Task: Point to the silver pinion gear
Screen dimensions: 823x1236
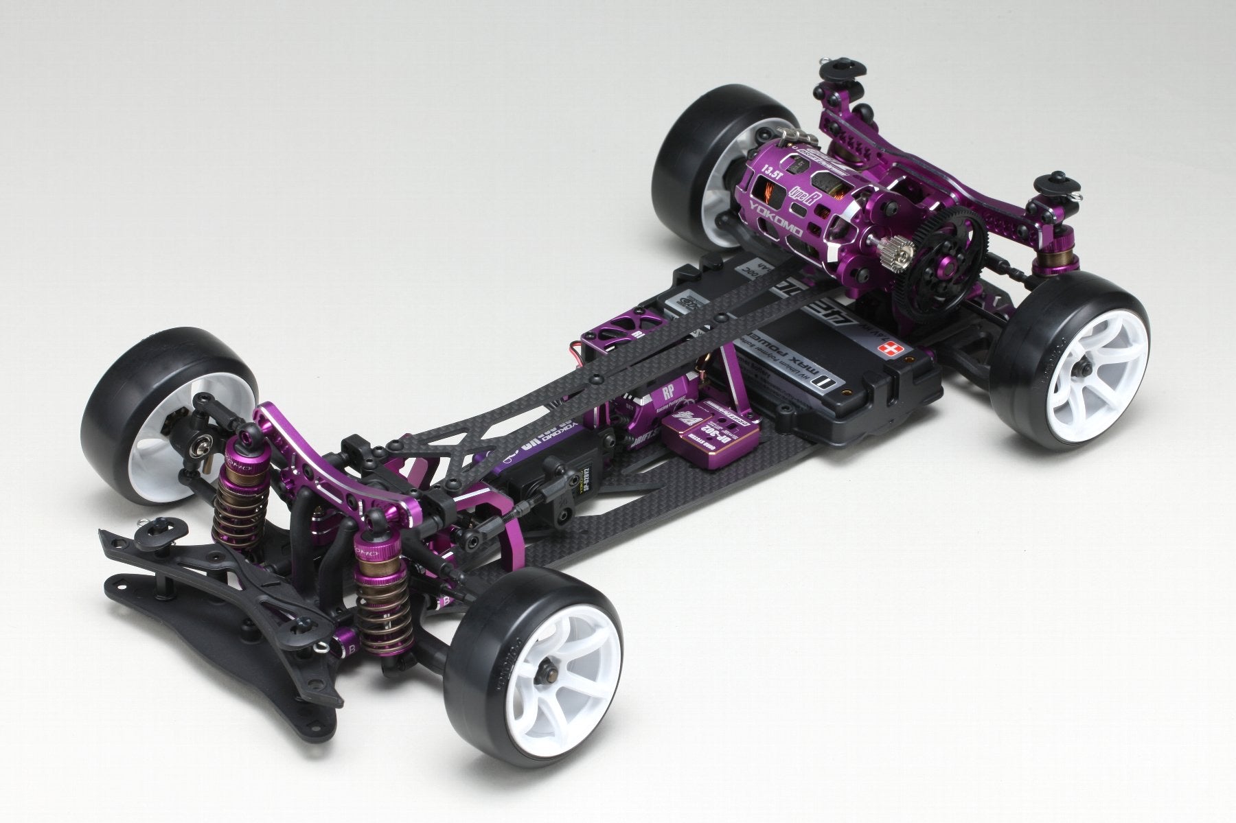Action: click(x=902, y=250)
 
